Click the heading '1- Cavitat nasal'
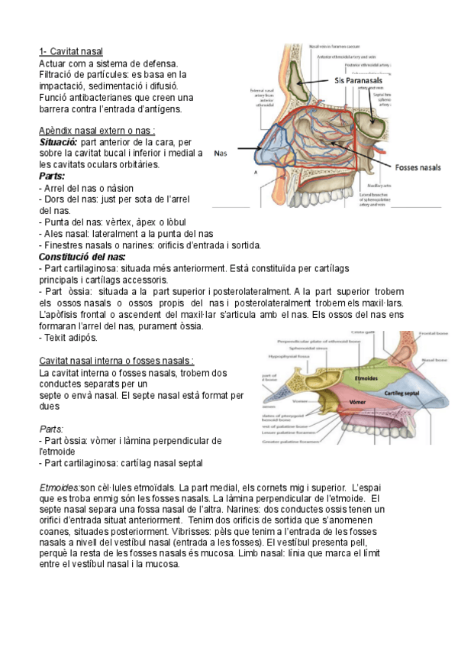pos(71,51)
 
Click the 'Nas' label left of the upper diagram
pos(221,153)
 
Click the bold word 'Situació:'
pos(58,142)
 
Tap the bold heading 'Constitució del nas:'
pos(82,257)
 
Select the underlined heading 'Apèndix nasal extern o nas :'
pos(97,131)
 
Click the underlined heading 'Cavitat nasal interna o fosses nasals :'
pos(116,361)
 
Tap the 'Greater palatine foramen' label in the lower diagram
pos(292,442)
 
